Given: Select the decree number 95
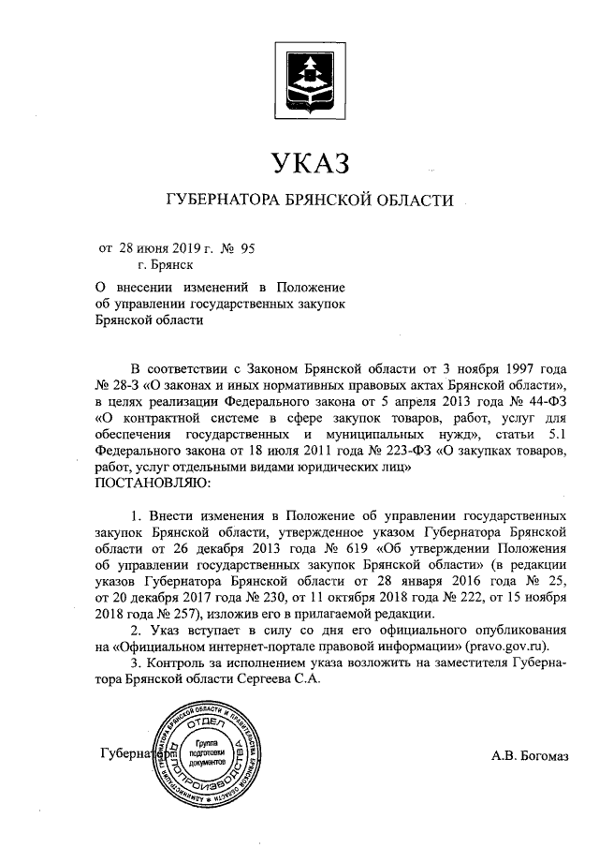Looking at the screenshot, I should point(247,248).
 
